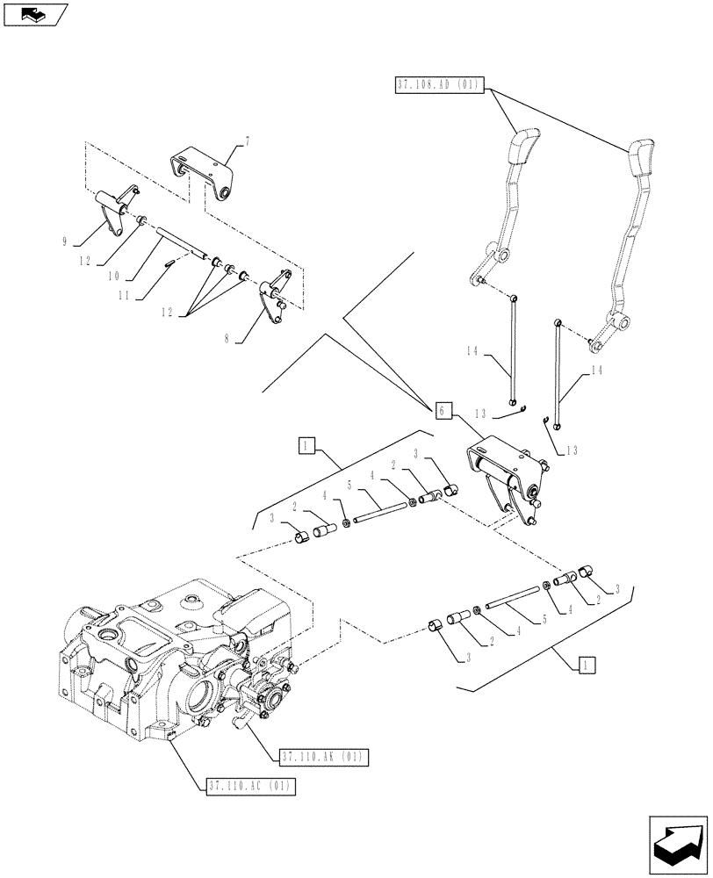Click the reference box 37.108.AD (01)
click(437, 85)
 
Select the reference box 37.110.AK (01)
click(324, 756)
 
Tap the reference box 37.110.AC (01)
click(251, 785)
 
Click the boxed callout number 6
click(443, 409)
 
